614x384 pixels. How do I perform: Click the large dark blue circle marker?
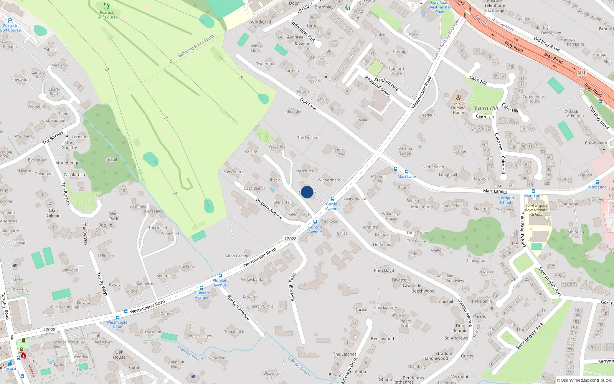pos(307,192)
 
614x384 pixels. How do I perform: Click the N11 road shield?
pos(581,73)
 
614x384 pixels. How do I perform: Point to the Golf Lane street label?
pos(308,104)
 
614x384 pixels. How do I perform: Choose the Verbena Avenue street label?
pos(269,209)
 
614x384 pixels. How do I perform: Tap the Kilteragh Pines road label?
pos(293,287)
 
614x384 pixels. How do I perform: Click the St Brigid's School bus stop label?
pos(505,200)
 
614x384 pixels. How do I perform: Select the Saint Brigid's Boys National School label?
pos(536,210)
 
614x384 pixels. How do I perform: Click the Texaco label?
pos(10,369)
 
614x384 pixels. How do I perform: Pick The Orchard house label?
pos(308,137)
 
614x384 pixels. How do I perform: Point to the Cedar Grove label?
pos(340,152)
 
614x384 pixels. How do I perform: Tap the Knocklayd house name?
pos(384,270)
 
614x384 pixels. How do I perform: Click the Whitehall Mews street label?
pos(377,86)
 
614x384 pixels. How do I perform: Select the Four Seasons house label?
pos(200,336)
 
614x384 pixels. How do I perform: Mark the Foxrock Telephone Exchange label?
pos(495,6)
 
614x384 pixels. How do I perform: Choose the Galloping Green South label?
pos(196,47)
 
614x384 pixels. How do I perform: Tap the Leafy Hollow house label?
pos(355,199)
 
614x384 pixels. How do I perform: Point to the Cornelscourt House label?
pos(534,99)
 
